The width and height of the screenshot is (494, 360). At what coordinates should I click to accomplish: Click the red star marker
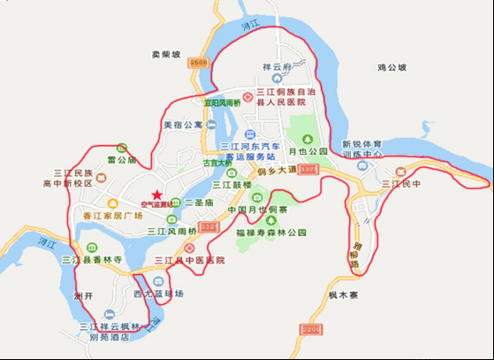tap(156, 195)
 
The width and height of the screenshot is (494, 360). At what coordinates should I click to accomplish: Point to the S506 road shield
tap(199, 62)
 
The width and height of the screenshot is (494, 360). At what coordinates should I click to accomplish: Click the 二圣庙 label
tap(196, 202)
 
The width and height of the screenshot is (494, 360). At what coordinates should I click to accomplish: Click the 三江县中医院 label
tap(190, 260)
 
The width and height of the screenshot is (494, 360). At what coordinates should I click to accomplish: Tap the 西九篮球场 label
tap(158, 293)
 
